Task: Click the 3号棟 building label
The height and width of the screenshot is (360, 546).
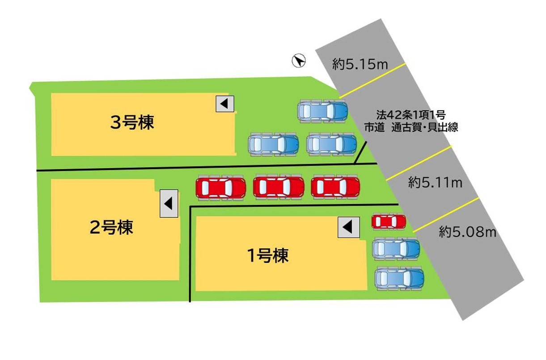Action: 132,123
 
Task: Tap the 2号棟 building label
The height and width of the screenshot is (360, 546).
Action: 111,228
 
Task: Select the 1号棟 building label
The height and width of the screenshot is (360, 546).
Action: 267,255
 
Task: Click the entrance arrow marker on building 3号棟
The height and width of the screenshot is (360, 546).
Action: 225,104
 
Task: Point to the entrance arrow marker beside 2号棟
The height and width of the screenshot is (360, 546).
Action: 169,203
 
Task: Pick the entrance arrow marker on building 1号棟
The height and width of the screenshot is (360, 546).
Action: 348,228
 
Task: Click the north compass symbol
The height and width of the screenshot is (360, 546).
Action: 298,60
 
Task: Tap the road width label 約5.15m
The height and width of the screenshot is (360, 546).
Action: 360,65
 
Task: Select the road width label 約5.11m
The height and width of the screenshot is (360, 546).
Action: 435,182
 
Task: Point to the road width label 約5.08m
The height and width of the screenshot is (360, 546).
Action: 468,232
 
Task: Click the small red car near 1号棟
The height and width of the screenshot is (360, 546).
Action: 389,221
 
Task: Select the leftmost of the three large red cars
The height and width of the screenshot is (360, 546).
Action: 221,187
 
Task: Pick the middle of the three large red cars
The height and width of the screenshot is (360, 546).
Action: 278,187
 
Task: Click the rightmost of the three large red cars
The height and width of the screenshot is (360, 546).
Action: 335,186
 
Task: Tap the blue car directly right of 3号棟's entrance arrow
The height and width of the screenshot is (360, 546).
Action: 322,110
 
